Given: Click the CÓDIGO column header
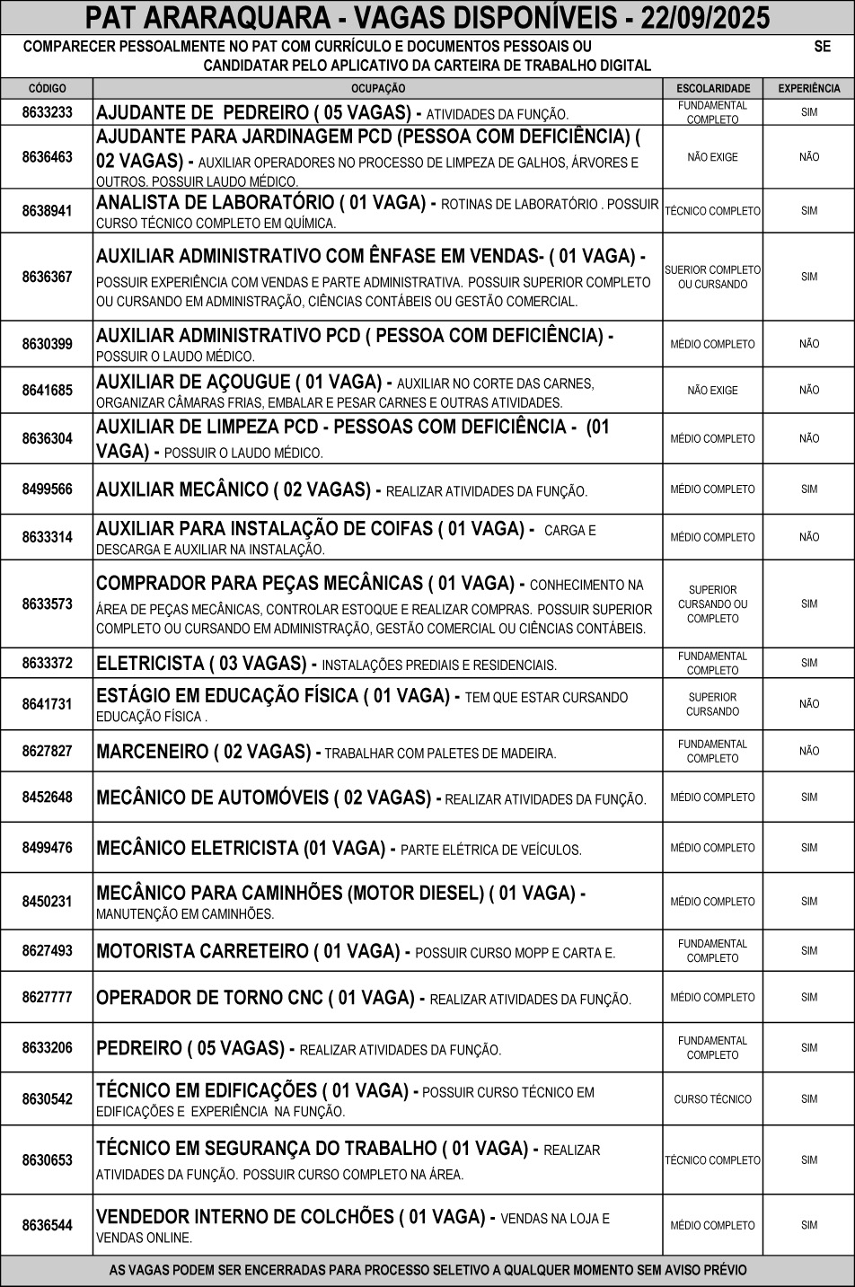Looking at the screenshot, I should [47, 89].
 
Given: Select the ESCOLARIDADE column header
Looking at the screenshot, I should [712, 89].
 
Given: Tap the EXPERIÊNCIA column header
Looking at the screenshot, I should [808, 89].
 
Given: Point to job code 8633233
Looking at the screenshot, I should [47, 113].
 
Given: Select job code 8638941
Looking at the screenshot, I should [47, 211].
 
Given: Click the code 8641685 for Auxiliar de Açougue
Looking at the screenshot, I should [47, 391].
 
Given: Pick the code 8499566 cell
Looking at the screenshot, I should [47, 489].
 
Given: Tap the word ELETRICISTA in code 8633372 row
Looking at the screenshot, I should [150, 664].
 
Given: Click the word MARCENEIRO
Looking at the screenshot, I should [151, 752].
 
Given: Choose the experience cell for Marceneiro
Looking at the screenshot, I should [808, 751].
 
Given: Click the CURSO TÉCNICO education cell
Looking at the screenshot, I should [712, 1099].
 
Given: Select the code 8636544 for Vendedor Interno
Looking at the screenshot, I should [47, 1225].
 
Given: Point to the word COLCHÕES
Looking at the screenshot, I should [344, 1217].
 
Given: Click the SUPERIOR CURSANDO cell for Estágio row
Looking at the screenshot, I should [712, 704].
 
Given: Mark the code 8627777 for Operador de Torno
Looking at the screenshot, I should [47, 998].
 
